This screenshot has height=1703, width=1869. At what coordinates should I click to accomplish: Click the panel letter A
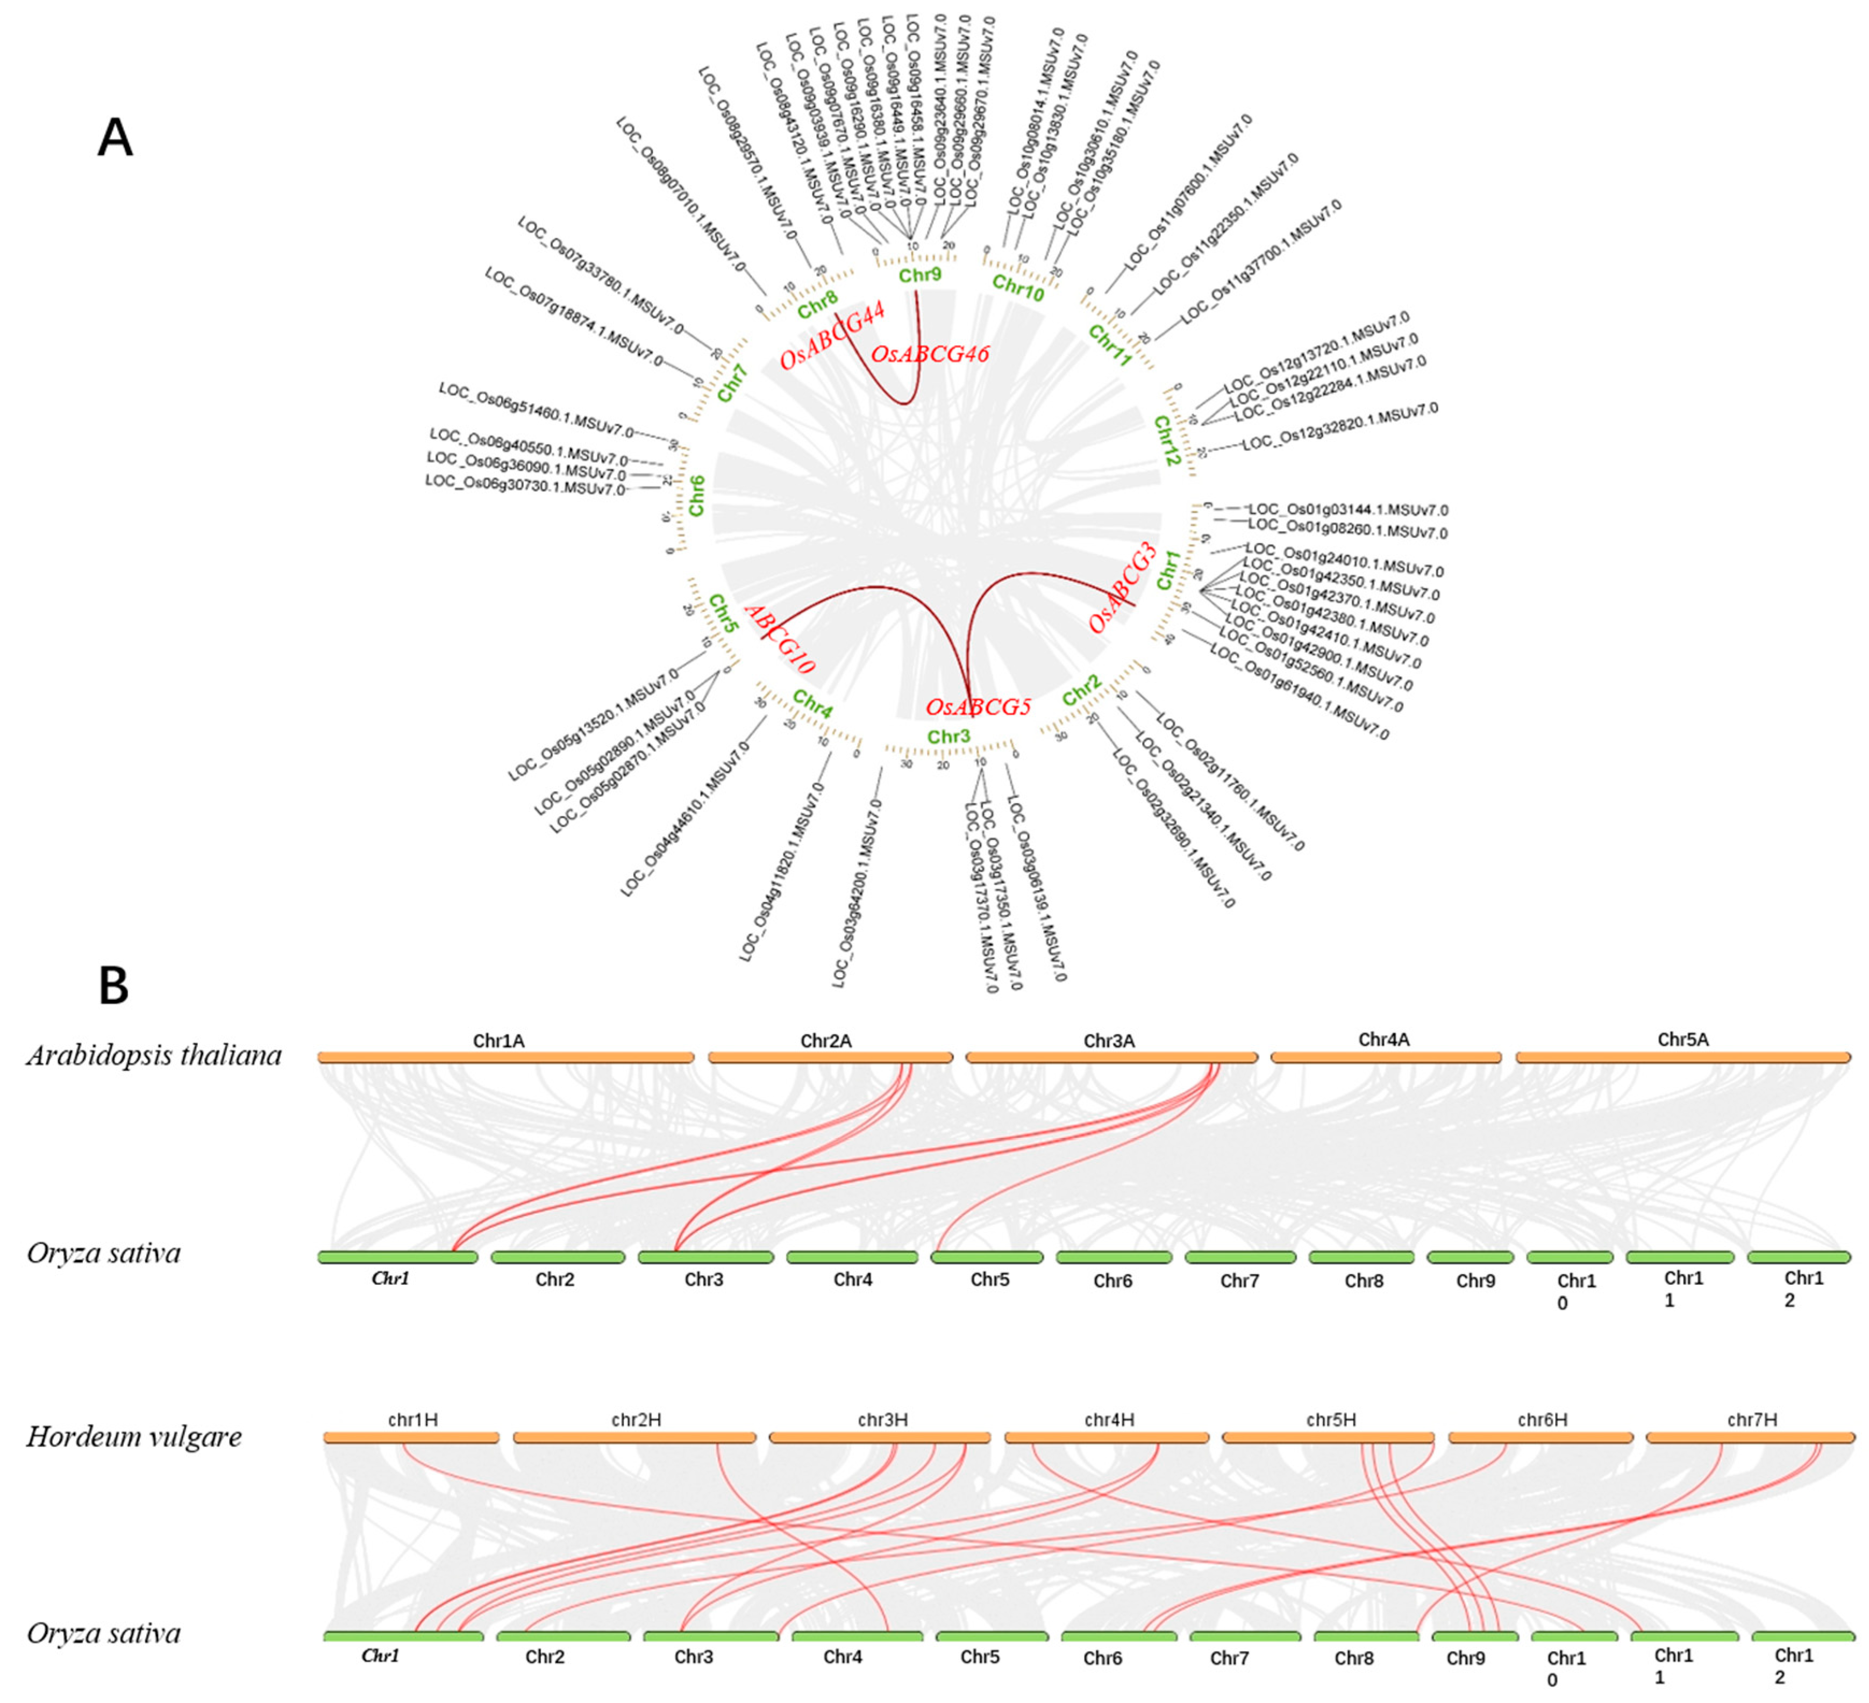pos(115,139)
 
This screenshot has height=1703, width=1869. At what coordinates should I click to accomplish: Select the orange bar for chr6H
pos(1541,1438)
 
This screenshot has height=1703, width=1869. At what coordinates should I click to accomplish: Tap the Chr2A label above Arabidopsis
pos(825,1041)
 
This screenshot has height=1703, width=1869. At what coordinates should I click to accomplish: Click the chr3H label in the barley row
pos(882,1419)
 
